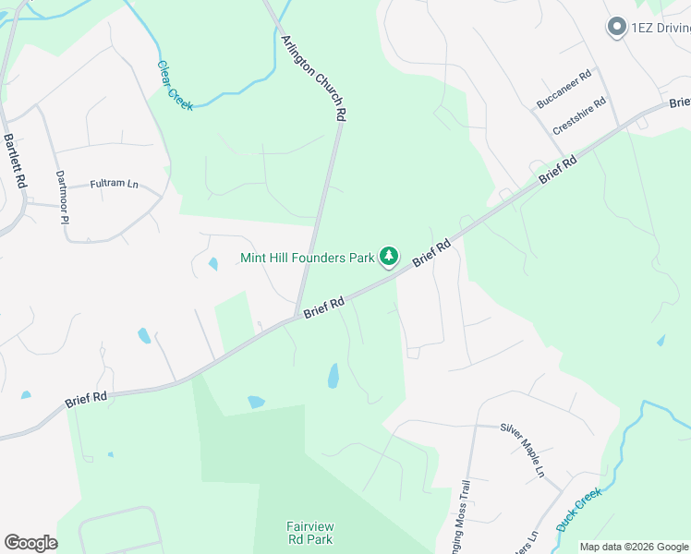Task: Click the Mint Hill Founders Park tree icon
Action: [390, 255]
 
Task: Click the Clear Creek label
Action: [175, 86]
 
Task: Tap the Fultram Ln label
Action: [113, 185]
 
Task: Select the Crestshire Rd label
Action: [579, 116]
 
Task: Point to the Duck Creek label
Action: [579, 510]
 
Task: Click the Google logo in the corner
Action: [30, 543]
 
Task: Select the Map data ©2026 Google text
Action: [635, 547]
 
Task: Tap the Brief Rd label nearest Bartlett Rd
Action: [86, 399]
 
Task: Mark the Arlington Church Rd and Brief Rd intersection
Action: [296, 318]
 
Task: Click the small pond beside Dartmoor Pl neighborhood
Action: [213, 264]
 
